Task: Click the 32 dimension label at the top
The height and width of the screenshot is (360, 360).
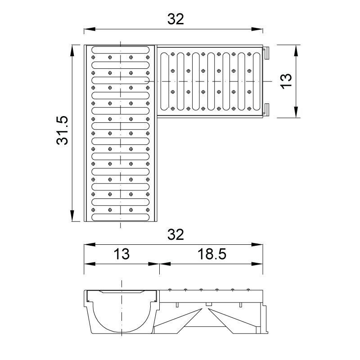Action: (x=175, y=19)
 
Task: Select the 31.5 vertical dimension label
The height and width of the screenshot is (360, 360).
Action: (x=63, y=130)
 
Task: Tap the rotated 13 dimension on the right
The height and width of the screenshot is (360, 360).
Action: (x=286, y=81)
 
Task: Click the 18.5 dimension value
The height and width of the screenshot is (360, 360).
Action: (x=211, y=254)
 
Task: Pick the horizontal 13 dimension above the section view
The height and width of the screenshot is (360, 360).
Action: (x=121, y=254)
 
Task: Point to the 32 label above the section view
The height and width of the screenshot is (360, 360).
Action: (x=175, y=234)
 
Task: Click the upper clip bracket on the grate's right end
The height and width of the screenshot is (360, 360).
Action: (x=266, y=53)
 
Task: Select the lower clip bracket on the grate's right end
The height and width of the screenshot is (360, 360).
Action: (x=266, y=109)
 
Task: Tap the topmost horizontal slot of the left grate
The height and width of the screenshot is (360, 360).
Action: (x=121, y=50)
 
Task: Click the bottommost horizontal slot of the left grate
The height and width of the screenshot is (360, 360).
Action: (x=121, y=217)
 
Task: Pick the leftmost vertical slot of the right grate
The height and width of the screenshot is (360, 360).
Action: (x=164, y=81)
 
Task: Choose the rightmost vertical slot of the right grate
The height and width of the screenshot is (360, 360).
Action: (x=256, y=81)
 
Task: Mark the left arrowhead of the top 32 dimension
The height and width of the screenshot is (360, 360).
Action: (x=90, y=29)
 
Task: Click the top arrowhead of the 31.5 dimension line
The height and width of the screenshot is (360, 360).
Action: (x=72, y=50)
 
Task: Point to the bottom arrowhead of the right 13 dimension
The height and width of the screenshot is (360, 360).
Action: (x=296, y=112)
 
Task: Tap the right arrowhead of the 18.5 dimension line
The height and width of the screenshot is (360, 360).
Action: (x=257, y=264)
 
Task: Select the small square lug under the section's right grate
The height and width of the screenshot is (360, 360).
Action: (x=208, y=304)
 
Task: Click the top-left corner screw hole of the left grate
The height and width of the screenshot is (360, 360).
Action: (x=93, y=57)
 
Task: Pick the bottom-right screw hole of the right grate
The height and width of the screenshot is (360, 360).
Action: (x=249, y=108)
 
